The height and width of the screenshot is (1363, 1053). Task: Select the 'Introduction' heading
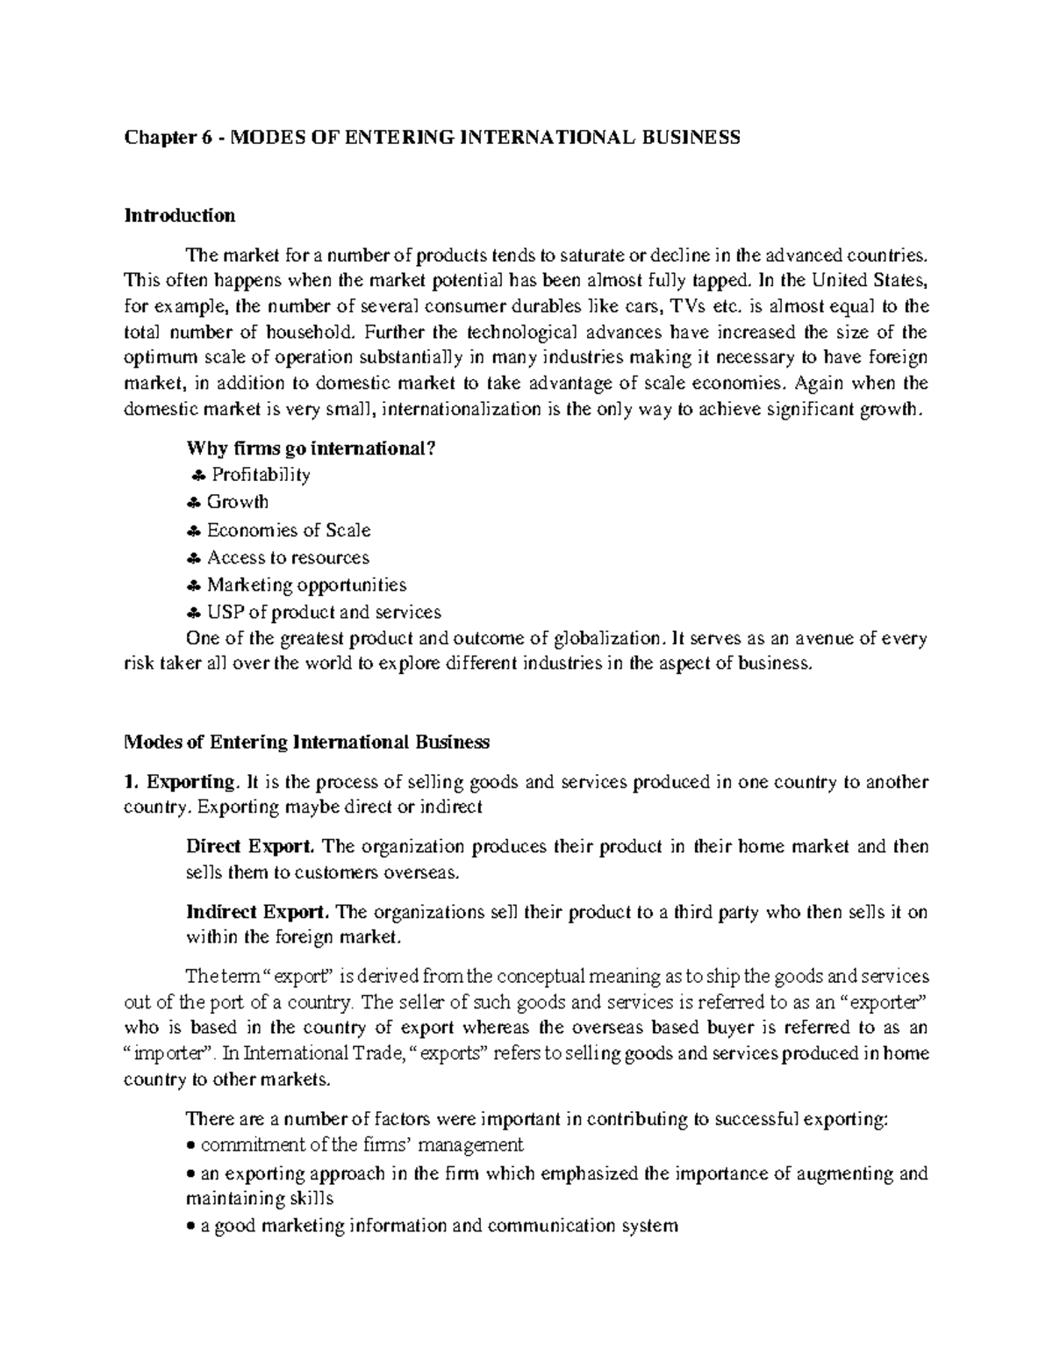coord(180,215)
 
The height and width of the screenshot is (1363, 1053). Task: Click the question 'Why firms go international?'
coord(311,448)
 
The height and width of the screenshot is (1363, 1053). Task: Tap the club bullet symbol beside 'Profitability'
coord(197,476)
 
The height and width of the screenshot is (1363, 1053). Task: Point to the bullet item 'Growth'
coord(237,502)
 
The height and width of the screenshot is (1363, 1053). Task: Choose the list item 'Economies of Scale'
coord(288,530)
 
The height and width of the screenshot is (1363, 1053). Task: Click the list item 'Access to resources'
coord(288,557)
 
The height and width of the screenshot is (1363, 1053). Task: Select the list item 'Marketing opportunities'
coord(306,585)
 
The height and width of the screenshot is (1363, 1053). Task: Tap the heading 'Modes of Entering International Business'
coord(306,742)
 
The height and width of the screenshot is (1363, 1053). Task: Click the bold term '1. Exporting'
coord(181,782)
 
